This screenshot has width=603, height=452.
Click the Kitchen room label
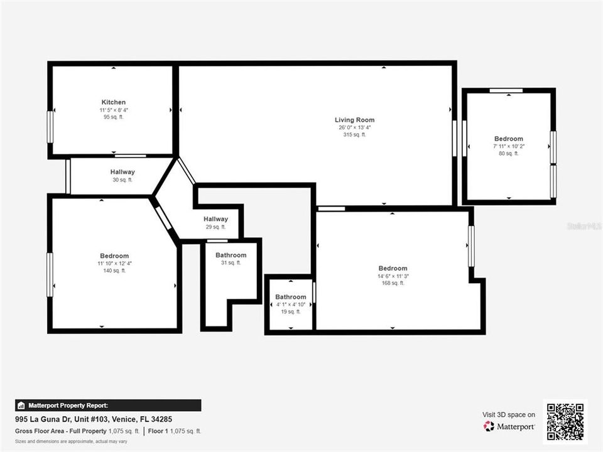coord(114,102)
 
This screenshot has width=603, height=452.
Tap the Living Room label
coord(354,120)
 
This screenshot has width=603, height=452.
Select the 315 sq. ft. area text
coord(354,134)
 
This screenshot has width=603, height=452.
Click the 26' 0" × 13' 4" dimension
coord(354,127)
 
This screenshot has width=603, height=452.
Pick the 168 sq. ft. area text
coord(393,283)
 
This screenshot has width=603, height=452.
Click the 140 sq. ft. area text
coord(114,271)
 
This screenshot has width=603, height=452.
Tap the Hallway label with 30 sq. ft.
coord(122,172)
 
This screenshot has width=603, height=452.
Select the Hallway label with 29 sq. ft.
coord(215,219)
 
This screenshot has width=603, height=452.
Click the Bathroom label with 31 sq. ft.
coord(231,256)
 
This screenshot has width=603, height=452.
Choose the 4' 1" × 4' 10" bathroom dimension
coord(290,304)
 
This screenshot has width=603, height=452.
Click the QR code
coord(565,421)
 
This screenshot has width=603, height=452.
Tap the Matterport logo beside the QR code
coord(509,426)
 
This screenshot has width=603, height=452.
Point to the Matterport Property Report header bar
coord(107,406)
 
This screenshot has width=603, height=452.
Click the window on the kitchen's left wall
coord(50,126)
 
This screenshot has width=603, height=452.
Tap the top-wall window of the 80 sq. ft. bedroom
coord(506,91)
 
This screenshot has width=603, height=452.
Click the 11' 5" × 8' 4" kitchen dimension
coord(114,110)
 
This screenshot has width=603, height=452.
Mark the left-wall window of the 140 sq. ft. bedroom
coord(50,274)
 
